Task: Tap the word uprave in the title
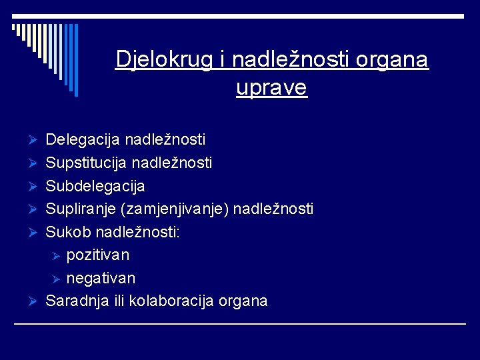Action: (271, 88)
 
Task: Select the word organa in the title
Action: (392, 60)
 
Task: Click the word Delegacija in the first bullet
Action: (83, 140)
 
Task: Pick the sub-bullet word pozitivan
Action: (98, 255)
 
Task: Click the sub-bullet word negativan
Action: (101, 278)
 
